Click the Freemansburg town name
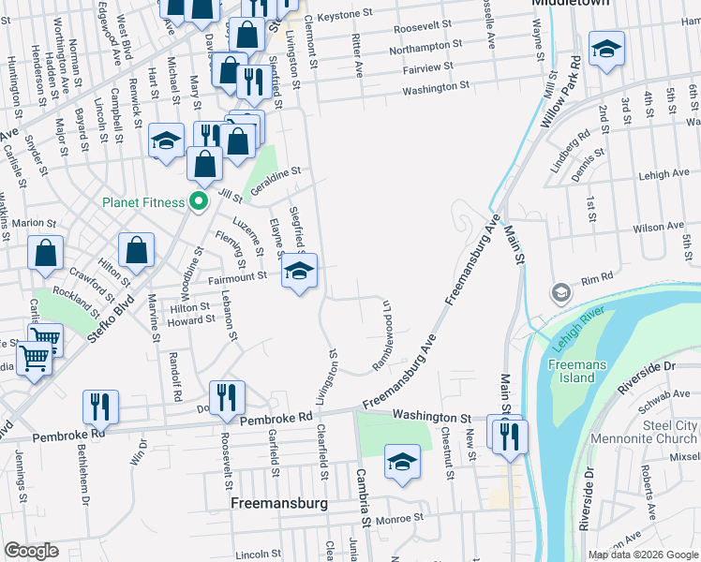click(x=278, y=503)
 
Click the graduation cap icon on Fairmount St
click(x=299, y=273)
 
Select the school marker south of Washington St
click(x=402, y=462)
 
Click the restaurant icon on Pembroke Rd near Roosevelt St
click(x=227, y=397)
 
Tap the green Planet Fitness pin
click(x=198, y=201)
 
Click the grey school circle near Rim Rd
click(x=560, y=292)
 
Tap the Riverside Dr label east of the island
click(x=649, y=383)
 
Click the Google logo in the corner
click(x=32, y=552)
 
